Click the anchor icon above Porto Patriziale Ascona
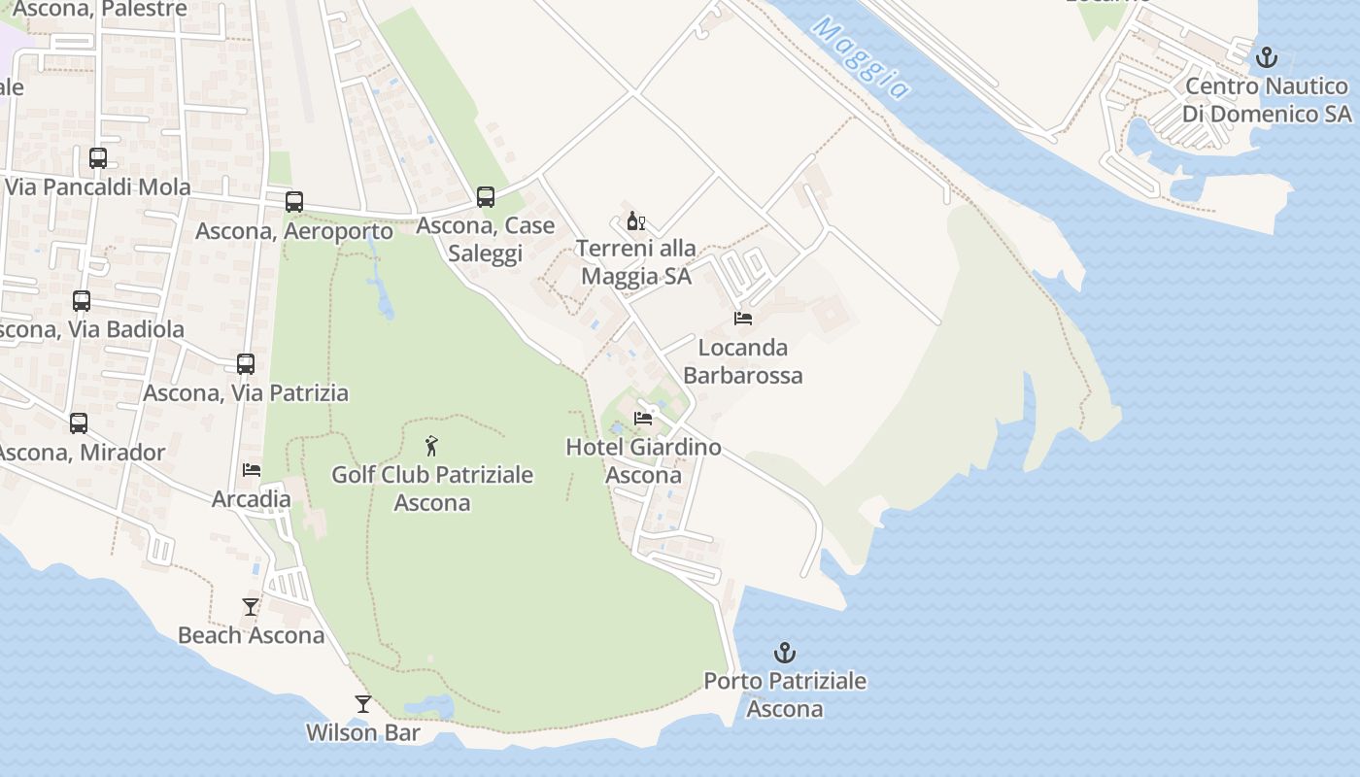784,653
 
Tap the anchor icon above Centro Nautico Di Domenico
1266,57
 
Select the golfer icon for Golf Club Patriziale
432,446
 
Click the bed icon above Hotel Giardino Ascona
643,419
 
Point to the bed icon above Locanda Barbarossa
743,319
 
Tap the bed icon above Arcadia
252,470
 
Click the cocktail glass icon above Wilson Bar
363,704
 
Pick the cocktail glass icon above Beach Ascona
251,607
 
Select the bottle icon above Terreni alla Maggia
636,221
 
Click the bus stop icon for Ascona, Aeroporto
294,202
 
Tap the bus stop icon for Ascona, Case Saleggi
486,197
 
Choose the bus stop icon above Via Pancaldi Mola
98,158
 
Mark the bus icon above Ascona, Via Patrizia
246,364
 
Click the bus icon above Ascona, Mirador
79,423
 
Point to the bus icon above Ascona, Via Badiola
82,301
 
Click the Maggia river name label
861,57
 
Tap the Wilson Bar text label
363,732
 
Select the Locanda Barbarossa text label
743,361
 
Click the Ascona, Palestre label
100,10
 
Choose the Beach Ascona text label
251,635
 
